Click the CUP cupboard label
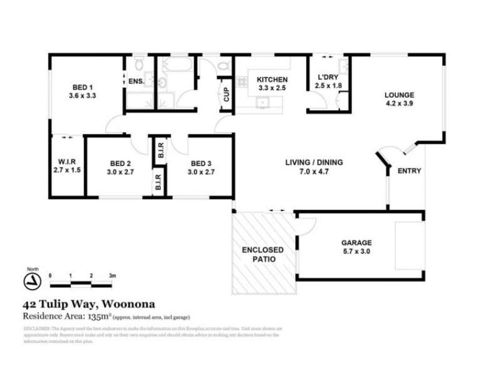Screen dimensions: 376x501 point(226,95)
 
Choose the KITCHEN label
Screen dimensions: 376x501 point(272,80)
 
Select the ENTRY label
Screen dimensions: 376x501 point(409,170)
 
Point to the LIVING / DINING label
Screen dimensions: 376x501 point(314,162)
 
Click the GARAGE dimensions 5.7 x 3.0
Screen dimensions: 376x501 point(356,252)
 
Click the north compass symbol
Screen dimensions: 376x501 point(29,279)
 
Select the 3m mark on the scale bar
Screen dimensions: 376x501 point(112,275)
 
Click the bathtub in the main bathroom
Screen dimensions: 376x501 point(176,65)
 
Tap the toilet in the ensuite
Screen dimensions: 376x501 point(139,64)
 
